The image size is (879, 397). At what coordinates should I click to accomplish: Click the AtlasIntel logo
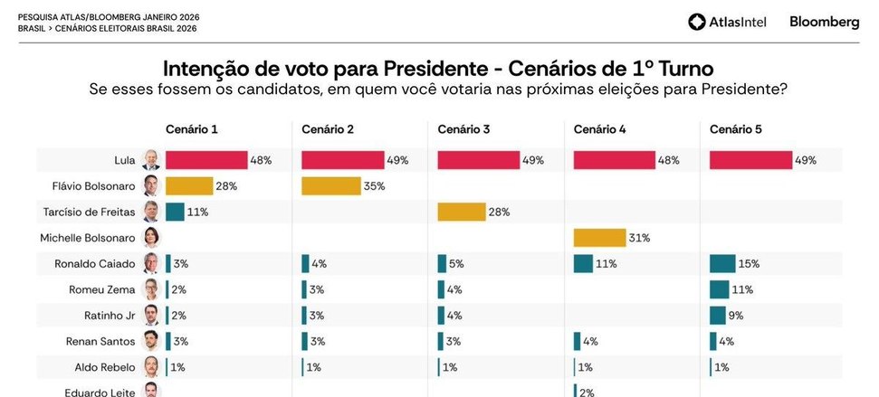click(727, 22)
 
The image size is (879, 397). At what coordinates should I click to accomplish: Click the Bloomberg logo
click(824, 22)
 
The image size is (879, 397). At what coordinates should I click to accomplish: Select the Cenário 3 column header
click(463, 130)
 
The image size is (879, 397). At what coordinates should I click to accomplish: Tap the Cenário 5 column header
click(736, 130)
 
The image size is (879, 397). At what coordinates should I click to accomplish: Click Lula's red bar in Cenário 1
click(206, 160)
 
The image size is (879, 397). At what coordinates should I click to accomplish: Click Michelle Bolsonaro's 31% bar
click(599, 238)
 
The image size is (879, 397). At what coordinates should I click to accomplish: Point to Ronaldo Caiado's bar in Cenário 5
click(722, 264)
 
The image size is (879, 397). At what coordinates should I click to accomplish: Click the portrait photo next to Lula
click(152, 161)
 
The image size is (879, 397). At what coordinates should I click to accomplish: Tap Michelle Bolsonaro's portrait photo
click(152, 239)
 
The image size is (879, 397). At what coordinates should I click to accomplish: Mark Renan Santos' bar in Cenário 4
click(577, 342)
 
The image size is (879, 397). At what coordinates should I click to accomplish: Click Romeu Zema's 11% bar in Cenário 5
click(720, 290)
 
